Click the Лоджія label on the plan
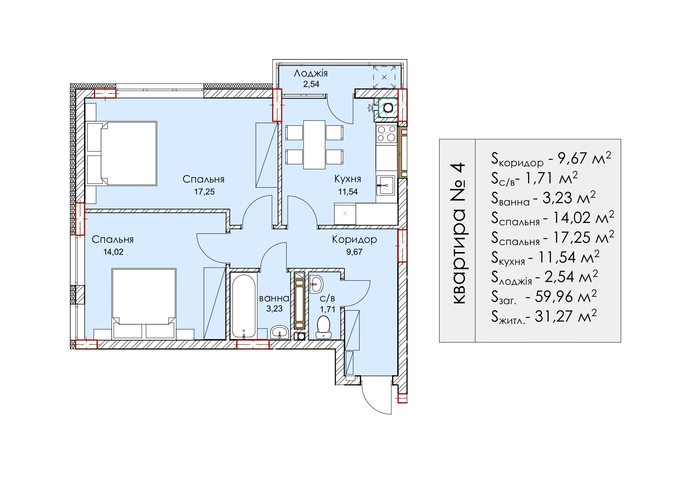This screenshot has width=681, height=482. [x=311, y=73]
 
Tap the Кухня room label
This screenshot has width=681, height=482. [x=347, y=179]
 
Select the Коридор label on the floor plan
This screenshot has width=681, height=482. [x=354, y=240]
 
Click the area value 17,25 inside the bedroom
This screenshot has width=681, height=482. [x=205, y=191]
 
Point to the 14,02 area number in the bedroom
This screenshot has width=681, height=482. [x=113, y=252]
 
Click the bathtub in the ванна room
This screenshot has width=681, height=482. [x=243, y=305]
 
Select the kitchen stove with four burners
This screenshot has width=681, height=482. [x=386, y=133]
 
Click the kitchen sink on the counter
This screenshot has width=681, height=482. [x=386, y=185]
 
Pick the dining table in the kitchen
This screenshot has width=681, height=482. [x=314, y=144]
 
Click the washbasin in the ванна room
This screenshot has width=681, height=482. [x=279, y=332]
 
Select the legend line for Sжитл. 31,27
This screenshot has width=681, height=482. [x=544, y=316]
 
